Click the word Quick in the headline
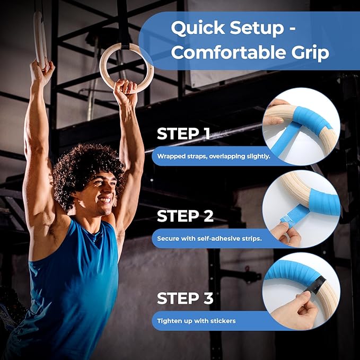(x=198, y=28)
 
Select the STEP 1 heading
(x=183, y=134)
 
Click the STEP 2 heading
(x=185, y=216)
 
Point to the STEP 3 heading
(x=185, y=298)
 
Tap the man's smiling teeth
(x=104, y=200)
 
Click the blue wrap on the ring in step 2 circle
(x=323, y=202)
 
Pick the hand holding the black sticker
(x=296, y=310)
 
